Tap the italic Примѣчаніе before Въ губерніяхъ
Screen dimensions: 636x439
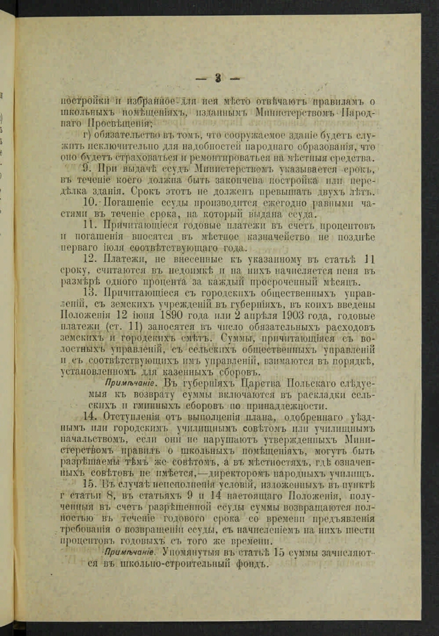tap(123, 383)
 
